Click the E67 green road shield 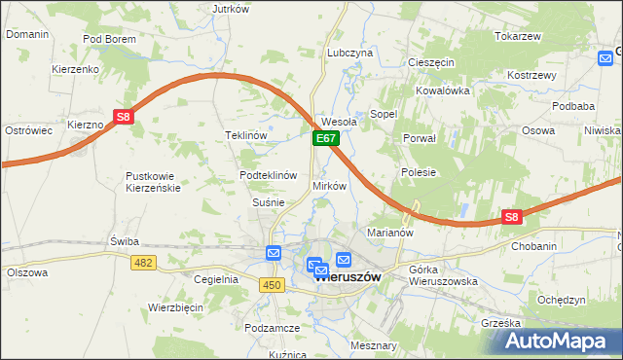coord(326,140)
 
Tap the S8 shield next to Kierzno coord(123,117)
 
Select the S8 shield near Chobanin coord(513,218)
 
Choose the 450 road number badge coord(272,284)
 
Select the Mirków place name coord(329,186)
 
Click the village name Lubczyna coord(350,53)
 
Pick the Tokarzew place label coord(517,36)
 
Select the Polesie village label coord(418,172)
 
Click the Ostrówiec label coord(28,130)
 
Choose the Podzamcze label coord(272,329)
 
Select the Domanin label coord(27,34)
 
